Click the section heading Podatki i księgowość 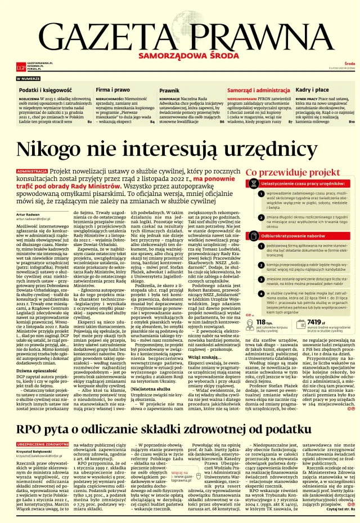coord(46,90)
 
